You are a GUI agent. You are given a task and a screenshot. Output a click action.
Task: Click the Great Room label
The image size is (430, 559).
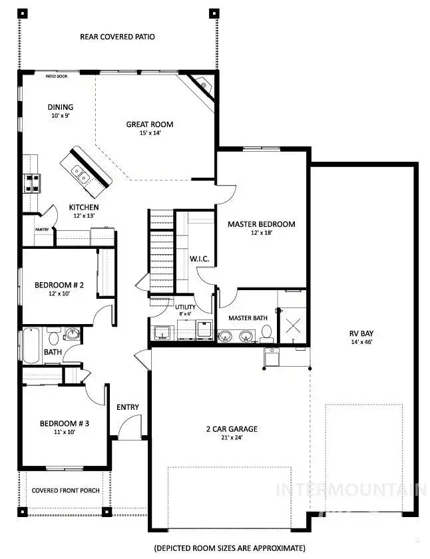click(150, 124)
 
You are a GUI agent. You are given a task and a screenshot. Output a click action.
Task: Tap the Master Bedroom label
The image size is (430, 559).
click(261, 224)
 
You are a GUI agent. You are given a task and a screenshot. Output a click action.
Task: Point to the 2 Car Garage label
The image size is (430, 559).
click(231, 429)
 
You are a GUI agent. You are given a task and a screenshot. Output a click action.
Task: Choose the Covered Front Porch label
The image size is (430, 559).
click(66, 490)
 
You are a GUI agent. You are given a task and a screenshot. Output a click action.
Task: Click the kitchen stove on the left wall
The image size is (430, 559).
click(31, 183)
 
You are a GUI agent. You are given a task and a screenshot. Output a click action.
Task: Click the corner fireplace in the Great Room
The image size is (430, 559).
click(202, 86)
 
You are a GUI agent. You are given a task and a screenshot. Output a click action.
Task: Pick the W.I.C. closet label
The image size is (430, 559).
click(199, 258)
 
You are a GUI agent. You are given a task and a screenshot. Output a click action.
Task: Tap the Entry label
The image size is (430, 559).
click(127, 407)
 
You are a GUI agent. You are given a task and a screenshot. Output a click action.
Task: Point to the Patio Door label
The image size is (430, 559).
click(57, 77)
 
